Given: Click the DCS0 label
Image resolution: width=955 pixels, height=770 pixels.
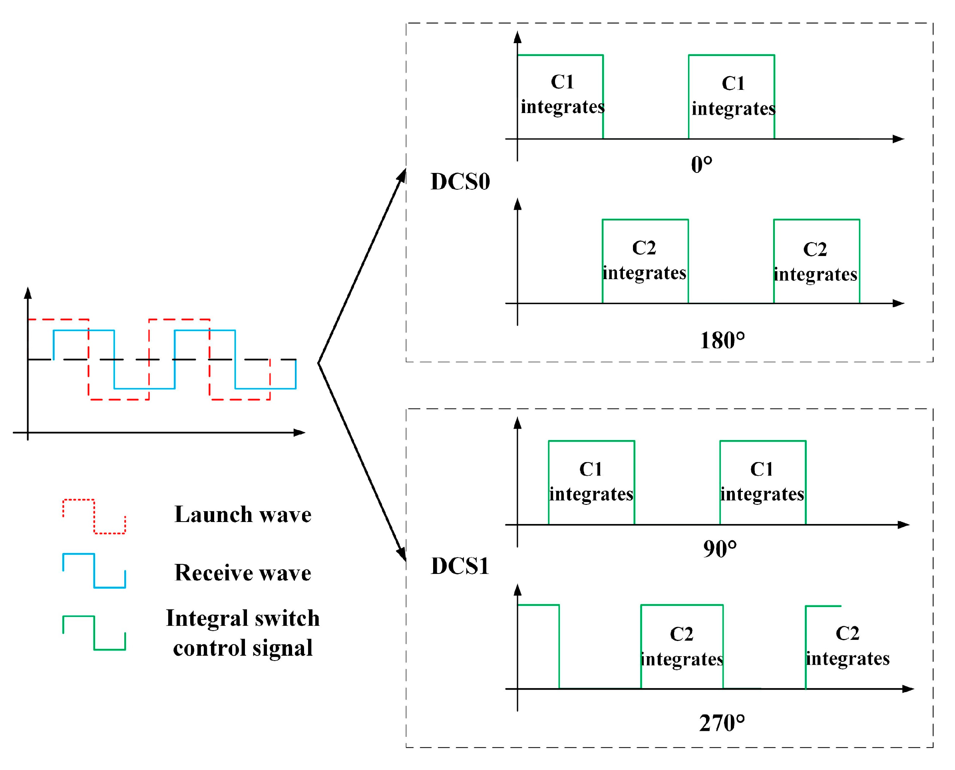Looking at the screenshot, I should coord(460,181).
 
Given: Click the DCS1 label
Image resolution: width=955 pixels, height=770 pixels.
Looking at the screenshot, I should coord(460,566).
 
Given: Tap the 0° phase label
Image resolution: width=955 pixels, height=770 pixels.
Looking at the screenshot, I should coord(702,165).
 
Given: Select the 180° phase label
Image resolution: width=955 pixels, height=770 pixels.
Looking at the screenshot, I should coord(722,341).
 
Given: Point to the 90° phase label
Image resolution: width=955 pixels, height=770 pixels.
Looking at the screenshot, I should coord(720,549).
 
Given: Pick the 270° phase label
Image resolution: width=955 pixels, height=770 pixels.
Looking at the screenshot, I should coord(722,723).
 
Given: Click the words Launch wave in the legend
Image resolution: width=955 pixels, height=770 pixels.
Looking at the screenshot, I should coord(243,514).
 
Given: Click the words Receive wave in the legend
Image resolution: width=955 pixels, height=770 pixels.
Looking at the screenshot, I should coord(243,573).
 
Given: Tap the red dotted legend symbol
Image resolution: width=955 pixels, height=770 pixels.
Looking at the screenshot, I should coord(94,517).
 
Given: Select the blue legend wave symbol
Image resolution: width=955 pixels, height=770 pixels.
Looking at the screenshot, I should coord(94,571).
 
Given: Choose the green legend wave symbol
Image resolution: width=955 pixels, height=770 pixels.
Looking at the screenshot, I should coord(94,633).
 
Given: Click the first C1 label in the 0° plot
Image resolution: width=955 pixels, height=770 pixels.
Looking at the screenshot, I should coord(562,82).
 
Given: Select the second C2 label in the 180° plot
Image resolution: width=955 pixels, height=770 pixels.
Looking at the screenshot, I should coord(815,249).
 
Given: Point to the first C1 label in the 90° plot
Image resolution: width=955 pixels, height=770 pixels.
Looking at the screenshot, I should coord(591,469).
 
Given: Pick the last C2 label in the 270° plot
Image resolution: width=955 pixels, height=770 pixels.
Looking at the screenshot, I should coord(847,633).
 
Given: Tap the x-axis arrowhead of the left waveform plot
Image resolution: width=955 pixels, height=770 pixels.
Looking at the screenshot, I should coord(300,433).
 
